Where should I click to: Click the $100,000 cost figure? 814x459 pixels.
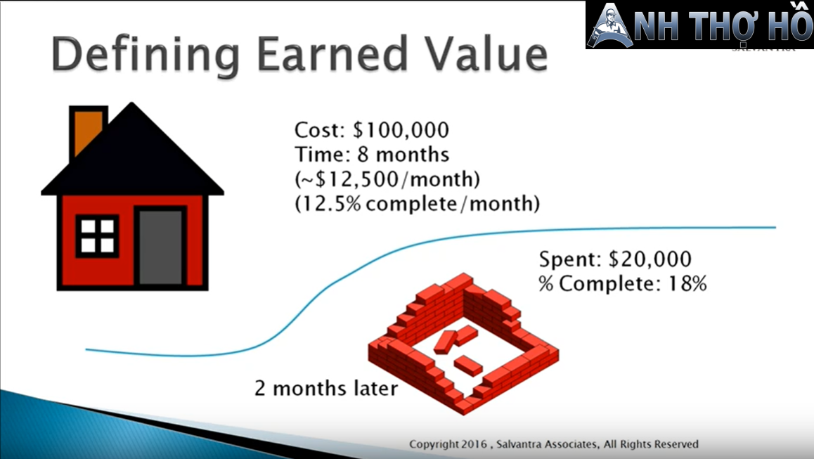pyautogui.click(x=401, y=130)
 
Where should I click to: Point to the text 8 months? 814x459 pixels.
pyautogui.click(x=403, y=154)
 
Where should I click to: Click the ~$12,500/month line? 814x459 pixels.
pyautogui.click(x=387, y=179)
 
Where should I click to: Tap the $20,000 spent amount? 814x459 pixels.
pyautogui.click(x=650, y=259)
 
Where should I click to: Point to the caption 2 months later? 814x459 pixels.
pyautogui.click(x=326, y=388)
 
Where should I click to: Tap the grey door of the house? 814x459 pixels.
pyautogui.click(x=160, y=247)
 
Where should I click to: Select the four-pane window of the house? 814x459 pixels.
pyautogui.click(x=97, y=236)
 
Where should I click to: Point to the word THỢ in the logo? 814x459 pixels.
pyautogui.click(x=721, y=25)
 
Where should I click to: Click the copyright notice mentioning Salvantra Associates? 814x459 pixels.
pyautogui.click(x=553, y=444)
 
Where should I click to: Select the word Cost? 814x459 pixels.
pyautogui.click(x=319, y=130)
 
